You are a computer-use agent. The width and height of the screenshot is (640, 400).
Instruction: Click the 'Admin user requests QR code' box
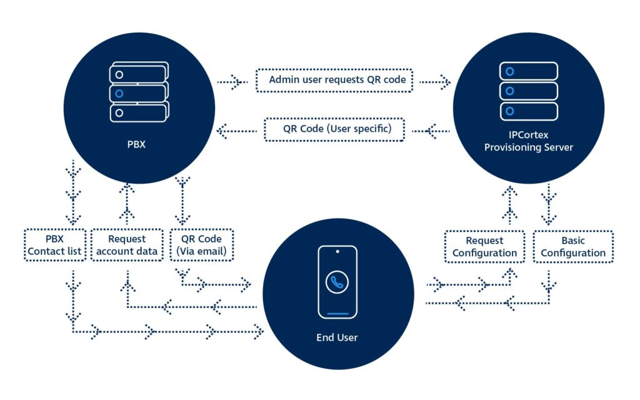(x=334, y=80)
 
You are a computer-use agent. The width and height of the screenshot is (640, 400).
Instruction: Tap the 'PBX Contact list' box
(x=54, y=246)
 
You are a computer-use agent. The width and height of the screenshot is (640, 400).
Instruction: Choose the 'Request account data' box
(x=126, y=246)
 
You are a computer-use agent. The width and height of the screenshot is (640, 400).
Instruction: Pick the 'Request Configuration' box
(x=484, y=246)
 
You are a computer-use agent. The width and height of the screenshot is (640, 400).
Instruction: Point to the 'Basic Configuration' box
(x=572, y=246)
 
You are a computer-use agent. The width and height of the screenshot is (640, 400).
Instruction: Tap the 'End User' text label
(x=337, y=337)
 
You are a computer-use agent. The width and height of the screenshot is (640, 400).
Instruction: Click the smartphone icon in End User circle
(x=337, y=282)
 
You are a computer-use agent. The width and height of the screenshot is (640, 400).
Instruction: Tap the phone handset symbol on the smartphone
(x=337, y=282)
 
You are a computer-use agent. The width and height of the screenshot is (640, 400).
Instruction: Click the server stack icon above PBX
(x=137, y=92)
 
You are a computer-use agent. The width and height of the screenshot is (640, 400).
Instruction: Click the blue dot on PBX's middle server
(x=119, y=94)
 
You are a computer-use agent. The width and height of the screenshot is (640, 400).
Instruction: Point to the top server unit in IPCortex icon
(x=528, y=71)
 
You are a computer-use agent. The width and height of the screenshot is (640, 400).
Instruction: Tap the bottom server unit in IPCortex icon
(x=528, y=111)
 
